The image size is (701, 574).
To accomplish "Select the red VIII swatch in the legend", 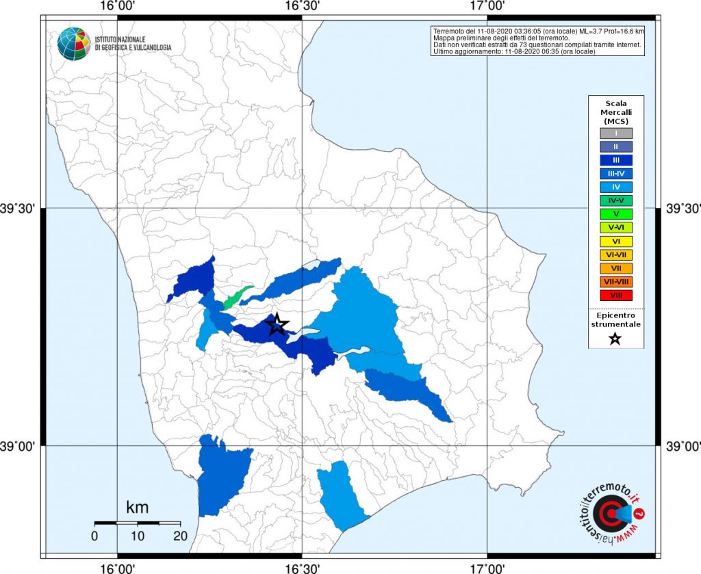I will pyautogui.click(x=615, y=295).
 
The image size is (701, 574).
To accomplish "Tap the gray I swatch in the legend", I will pyautogui.click(x=615, y=133).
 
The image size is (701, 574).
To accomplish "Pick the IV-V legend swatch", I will pyautogui.click(x=615, y=200).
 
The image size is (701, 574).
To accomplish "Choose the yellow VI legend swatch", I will pyautogui.click(x=615, y=241).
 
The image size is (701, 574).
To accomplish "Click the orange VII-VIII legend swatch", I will pyautogui.click(x=615, y=281).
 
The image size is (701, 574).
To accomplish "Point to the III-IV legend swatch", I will pyautogui.click(x=615, y=174).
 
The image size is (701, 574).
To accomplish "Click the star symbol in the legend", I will pyautogui.click(x=615, y=339).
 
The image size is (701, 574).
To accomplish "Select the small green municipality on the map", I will pyautogui.click(x=237, y=298).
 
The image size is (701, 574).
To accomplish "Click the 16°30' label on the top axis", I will pyautogui.click(x=302, y=6).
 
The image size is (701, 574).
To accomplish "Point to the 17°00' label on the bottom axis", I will pyautogui.click(x=487, y=567).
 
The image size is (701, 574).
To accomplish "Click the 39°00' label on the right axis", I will pyautogui.click(x=682, y=446).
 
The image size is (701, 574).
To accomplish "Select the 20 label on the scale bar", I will pyautogui.click(x=181, y=536).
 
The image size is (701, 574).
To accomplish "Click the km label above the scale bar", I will pyautogui.click(x=137, y=508).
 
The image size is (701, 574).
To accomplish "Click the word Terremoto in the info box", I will pyautogui.click(x=449, y=31).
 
